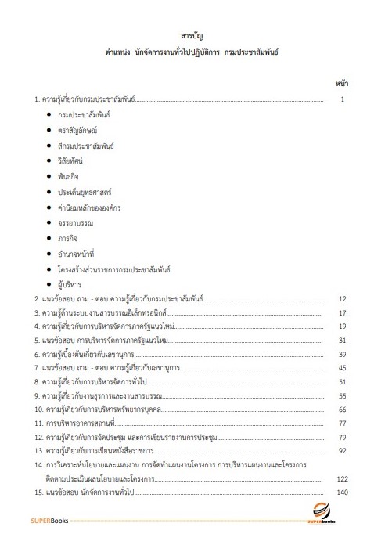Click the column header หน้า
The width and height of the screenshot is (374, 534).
(341, 82)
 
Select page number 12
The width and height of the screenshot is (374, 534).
(342, 299)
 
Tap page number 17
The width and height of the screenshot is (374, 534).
(342, 312)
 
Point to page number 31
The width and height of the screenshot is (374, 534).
(342, 340)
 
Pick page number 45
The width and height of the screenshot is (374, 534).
(342, 367)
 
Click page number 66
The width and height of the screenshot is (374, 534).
(342, 409)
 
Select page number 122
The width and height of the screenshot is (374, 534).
(341, 478)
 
